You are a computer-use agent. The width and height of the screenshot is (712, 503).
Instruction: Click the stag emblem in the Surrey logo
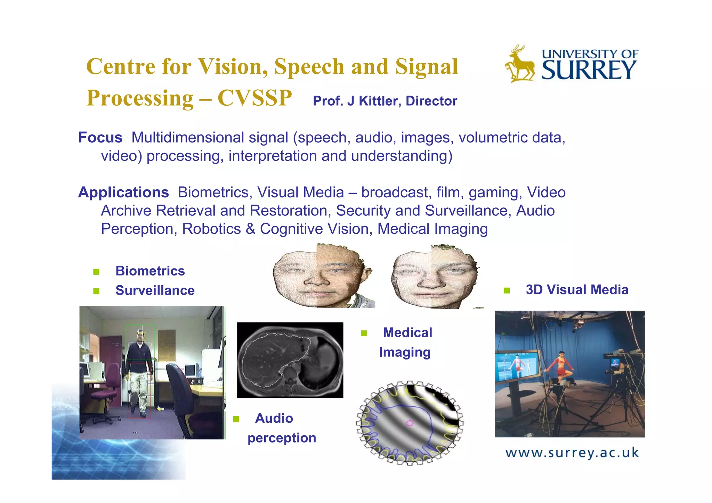[x=520, y=64]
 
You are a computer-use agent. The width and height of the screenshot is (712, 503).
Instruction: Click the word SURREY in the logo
[x=589, y=70]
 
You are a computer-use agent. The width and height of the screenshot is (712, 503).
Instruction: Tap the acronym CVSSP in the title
[x=255, y=98]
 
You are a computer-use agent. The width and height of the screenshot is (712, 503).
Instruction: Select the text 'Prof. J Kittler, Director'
[x=385, y=101]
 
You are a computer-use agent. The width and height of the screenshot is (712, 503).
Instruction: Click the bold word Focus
[x=100, y=138]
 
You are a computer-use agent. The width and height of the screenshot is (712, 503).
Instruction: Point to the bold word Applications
[x=123, y=192]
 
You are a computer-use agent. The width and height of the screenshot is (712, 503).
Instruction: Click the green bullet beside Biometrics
[x=96, y=272]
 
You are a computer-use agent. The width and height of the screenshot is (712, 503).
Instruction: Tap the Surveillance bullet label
[x=155, y=290]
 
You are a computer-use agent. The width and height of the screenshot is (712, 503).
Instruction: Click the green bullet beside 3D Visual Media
[x=507, y=290]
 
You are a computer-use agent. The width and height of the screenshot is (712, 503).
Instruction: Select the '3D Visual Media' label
[x=577, y=290]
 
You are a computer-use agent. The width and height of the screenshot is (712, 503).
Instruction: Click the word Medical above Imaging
[x=407, y=333]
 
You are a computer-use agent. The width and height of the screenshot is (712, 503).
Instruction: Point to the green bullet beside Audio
[x=236, y=419]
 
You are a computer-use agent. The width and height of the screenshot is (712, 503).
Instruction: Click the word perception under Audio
[x=282, y=438]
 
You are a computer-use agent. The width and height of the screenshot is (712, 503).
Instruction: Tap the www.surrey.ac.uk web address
[x=572, y=453]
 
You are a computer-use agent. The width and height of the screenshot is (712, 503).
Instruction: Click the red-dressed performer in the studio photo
[x=559, y=368]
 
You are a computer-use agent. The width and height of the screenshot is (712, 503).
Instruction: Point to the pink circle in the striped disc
[x=410, y=423]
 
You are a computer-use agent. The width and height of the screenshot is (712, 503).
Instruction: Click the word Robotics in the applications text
[x=211, y=229]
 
